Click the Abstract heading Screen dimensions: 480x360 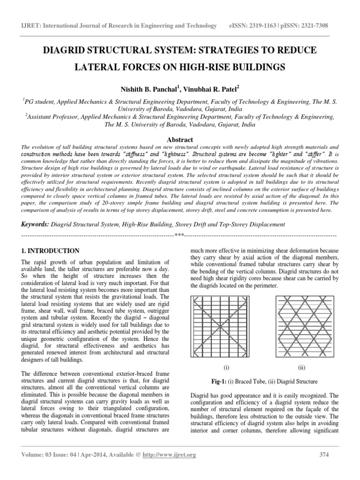click(180, 140)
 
